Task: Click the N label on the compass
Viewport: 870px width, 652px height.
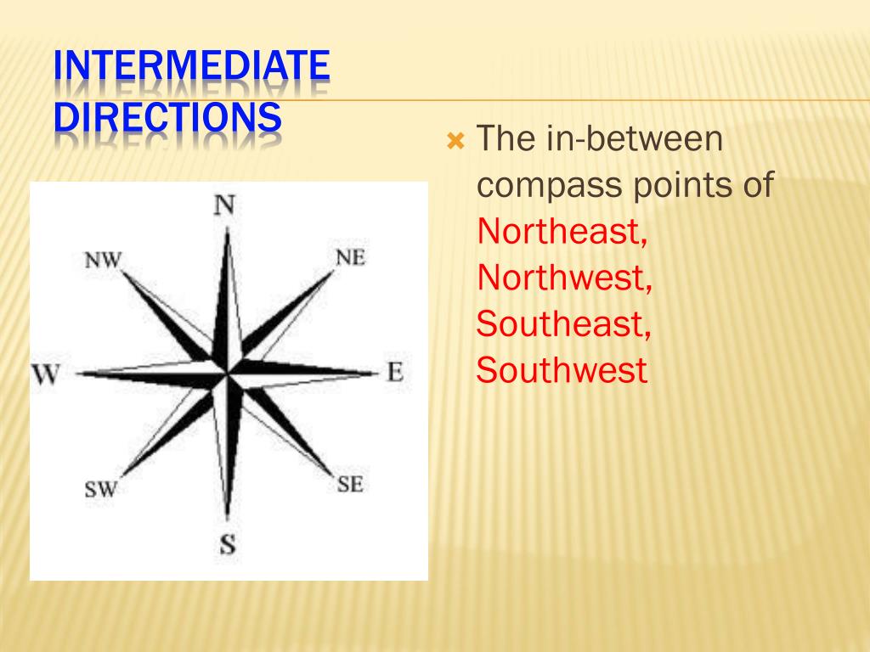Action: [x=225, y=205]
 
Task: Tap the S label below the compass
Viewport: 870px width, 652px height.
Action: [x=227, y=542]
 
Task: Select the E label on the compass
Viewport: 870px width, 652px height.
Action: [x=395, y=372]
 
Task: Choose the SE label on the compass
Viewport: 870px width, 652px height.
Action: [x=350, y=485]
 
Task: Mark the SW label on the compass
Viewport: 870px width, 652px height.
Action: [x=100, y=489]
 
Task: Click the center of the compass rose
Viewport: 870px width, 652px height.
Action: [x=227, y=373]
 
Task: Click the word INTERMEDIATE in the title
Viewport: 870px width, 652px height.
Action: [x=191, y=68]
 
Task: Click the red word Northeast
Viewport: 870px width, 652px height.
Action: [x=562, y=231]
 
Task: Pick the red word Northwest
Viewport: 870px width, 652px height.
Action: [x=564, y=278]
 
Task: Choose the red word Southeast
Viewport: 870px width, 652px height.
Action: [x=563, y=323]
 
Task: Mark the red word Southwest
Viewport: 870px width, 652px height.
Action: [x=562, y=370]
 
